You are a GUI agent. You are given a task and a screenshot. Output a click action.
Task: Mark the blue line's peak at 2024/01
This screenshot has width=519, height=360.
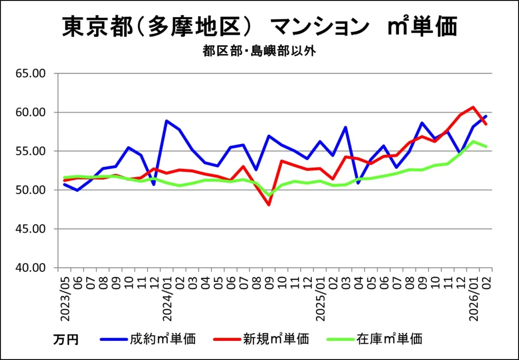167,121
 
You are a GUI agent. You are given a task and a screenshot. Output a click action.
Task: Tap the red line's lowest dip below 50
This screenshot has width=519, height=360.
269,205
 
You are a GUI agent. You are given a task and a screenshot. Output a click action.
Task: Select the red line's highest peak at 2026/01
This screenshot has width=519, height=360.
473,107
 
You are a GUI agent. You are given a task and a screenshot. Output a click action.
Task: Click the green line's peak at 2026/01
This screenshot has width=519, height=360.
473,141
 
